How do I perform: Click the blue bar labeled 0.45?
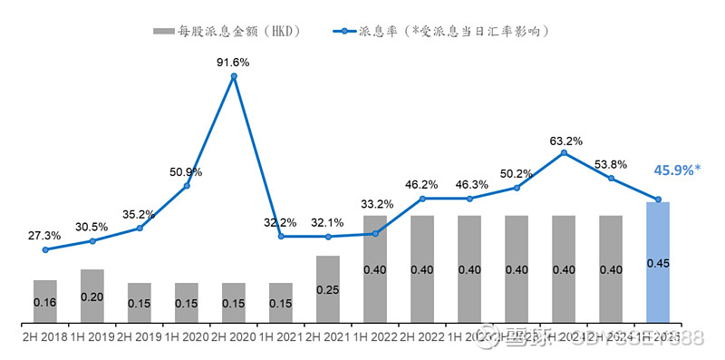click(x=658, y=262)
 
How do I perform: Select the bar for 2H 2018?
click(x=45, y=301)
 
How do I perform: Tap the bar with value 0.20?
click(x=92, y=296)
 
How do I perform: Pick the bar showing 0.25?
click(x=328, y=289)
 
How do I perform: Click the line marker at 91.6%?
click(x=234, y=77)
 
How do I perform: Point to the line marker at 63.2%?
click(x=564, y=153)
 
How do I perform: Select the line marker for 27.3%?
click(x=45, y=249)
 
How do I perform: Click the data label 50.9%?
click(x=186, y=171)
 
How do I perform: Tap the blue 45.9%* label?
click(x=677, y=170)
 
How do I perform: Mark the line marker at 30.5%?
click(x=92, y=240)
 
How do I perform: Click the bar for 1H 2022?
click(x=375, y=268)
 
